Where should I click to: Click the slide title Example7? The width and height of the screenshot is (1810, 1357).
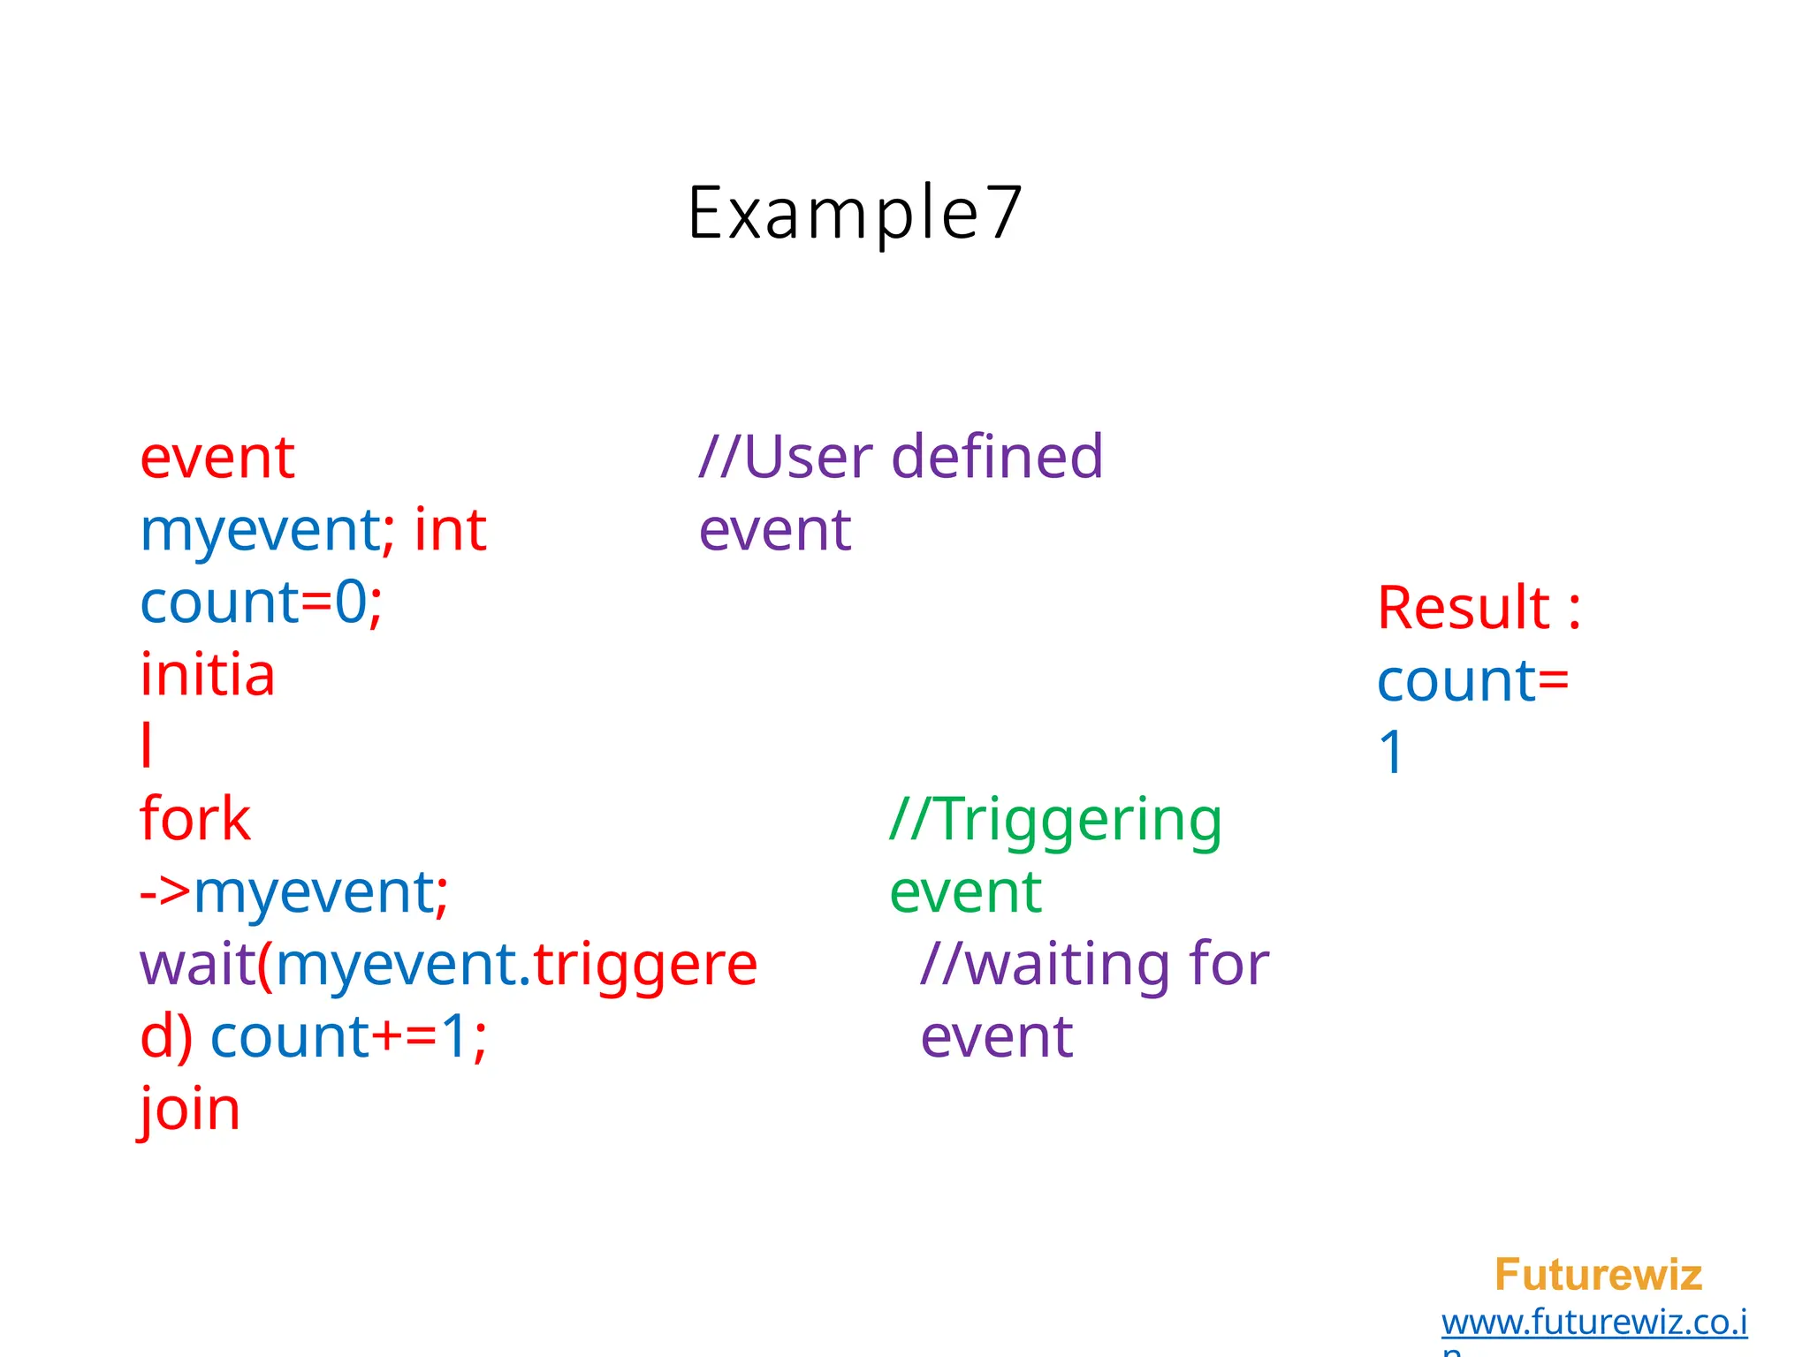tap(855, 213)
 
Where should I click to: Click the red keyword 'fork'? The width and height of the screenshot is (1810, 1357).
tap(195, 819)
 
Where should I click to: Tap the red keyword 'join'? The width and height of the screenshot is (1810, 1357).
tap(190, 1110)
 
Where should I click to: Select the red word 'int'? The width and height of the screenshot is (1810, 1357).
tap(450, 530)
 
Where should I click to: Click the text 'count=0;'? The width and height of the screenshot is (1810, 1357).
tap(262, 603)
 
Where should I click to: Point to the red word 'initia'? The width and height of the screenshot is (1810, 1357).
tap(208, 676)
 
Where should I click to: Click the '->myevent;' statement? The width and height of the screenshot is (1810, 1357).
tap(294, 892)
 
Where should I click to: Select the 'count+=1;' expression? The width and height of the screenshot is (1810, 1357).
tap(348, 1037)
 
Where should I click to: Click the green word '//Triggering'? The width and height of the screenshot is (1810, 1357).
tap(1056, 821)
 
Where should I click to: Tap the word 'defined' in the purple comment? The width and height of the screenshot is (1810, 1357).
tap(997, 457)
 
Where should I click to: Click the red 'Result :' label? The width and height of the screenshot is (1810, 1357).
tap(1479, 609)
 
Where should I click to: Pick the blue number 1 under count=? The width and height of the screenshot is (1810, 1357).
tap(1391, 754)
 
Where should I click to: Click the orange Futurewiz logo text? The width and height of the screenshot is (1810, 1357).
tap(1598, 1275)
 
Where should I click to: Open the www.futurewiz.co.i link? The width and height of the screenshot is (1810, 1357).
tap(1593, 1323)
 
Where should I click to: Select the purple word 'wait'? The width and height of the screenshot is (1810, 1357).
tap(197, 965)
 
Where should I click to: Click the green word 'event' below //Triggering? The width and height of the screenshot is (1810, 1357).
tap(965, 892)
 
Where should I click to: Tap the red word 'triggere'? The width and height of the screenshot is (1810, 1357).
tap(645, 965)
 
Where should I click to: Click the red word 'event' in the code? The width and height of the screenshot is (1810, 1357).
tap(217, 459)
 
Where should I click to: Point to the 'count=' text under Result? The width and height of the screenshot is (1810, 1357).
tap(1473, 681)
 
